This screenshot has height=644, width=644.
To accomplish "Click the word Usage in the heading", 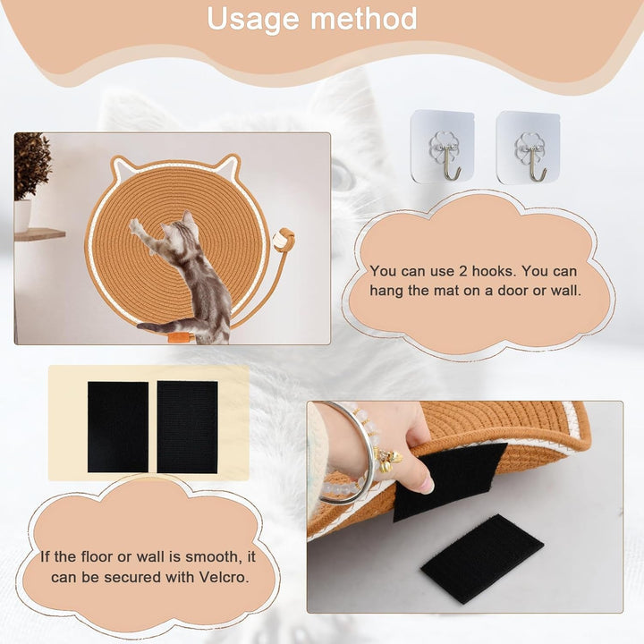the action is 253,20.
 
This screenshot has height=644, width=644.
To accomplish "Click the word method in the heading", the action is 363,18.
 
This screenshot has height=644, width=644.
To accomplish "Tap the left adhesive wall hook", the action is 442,147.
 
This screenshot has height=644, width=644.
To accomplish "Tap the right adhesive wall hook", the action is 529,148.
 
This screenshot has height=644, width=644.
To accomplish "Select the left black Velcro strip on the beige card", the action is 118,427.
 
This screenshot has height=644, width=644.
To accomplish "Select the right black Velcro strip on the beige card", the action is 187,427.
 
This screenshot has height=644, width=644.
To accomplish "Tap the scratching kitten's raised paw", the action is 136,226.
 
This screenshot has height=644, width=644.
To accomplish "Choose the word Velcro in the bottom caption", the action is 224,577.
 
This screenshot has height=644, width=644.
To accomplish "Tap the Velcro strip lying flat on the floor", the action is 482,558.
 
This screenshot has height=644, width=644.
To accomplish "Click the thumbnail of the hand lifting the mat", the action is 465,507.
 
